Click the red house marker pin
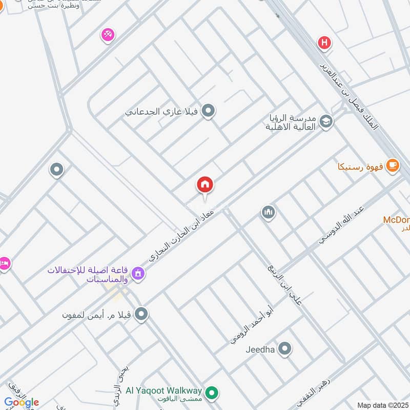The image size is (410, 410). point(205,185)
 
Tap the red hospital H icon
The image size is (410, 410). point(324,43)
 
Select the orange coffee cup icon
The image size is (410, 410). point(393,165)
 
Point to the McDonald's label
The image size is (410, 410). point(397,220)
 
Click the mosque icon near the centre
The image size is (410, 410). point(268,212)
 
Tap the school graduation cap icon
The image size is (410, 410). point(325,121)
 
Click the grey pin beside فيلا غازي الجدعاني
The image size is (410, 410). point(208,111)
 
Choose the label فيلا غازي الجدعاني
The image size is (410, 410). point(162,111)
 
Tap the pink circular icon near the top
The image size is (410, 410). point(108,35)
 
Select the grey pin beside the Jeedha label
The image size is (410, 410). point(285,350)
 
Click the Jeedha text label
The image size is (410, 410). point(260,350)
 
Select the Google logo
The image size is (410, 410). point(21,402)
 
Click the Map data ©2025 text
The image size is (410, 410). point(382,405)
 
